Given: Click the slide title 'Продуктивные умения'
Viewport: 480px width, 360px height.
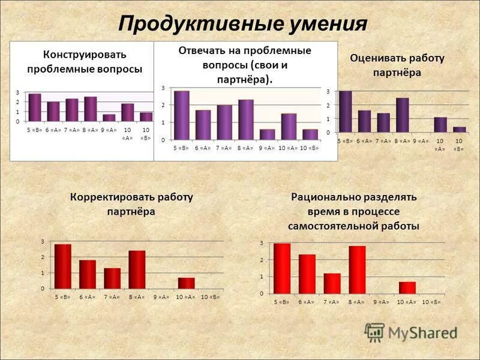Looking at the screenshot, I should click(242, 24).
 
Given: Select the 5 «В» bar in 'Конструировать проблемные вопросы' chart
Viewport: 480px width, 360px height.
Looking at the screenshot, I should click(35, 107).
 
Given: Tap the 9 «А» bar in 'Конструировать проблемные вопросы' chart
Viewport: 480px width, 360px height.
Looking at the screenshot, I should click(109, 118).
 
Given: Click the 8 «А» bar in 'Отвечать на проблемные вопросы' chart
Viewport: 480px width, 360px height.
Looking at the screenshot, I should click(245, 119).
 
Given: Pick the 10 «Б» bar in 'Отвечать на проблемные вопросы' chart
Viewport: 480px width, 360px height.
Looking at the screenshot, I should click(310, 134).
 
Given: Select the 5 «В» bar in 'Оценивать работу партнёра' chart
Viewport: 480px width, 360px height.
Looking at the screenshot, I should click(346, 111).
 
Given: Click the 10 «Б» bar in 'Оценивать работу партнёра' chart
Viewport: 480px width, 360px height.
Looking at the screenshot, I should click(459, 129).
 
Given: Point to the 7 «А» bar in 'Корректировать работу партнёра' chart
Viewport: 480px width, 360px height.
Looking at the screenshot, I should click(112, 278).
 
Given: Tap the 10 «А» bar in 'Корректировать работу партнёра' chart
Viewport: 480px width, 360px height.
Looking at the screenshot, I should click(186, 283).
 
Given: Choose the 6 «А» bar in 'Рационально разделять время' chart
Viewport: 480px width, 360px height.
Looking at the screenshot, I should click(307, 274).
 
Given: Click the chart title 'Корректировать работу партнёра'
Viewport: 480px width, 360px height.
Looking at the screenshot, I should click(131, 204).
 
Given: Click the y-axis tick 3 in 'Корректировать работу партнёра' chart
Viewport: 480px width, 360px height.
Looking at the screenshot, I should click(42, 241).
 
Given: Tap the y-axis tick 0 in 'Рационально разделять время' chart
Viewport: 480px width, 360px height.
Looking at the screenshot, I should click(261, 293).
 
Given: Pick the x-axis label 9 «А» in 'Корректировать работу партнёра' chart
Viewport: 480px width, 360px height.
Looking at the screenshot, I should click(161, 297).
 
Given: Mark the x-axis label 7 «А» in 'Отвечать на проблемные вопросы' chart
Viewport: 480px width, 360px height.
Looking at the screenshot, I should click(224, 148).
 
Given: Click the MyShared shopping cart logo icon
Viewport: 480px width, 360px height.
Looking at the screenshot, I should click(375, 331).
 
